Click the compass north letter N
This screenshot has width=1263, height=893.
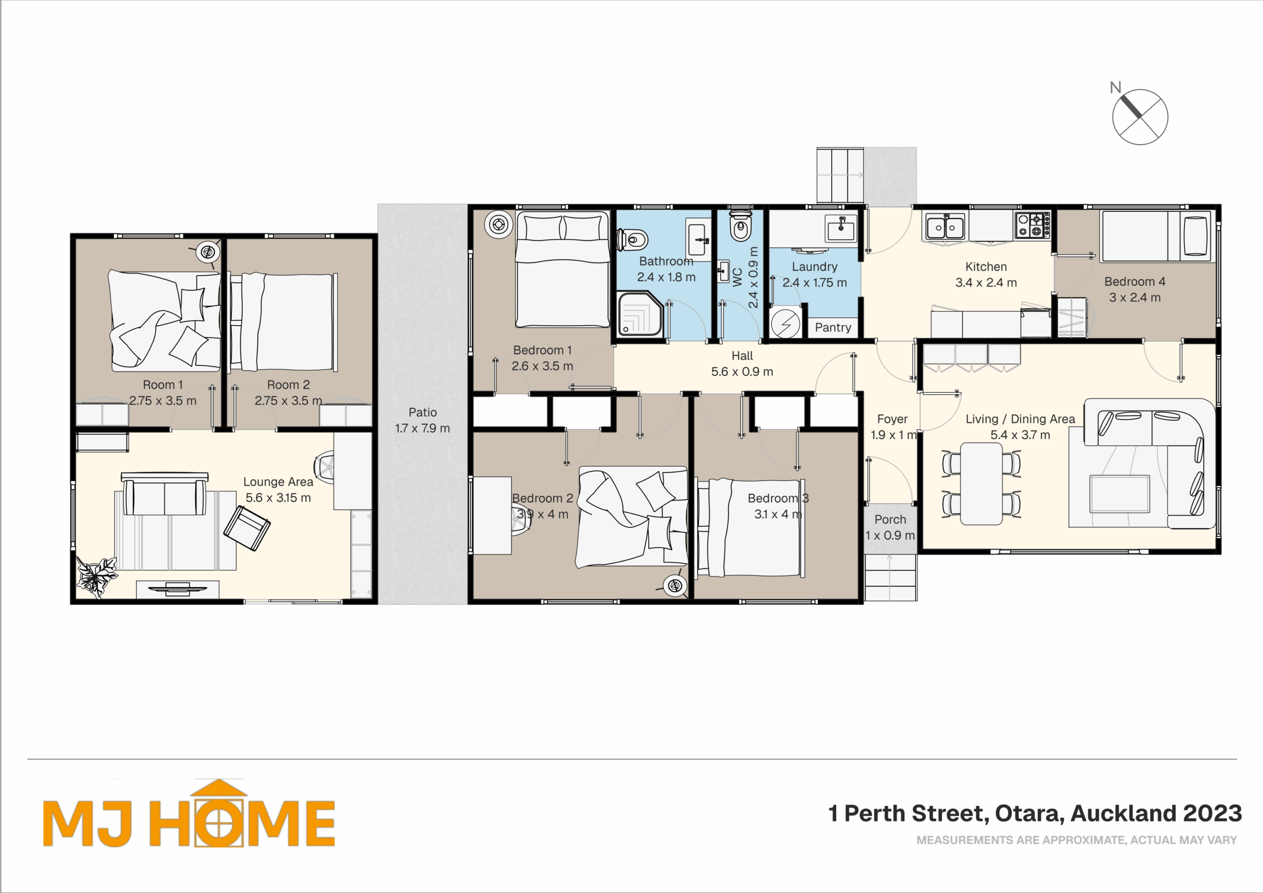pyautogui.click(x=1115, y=87)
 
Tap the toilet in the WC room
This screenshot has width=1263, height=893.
pyautogui.click(x=741, y=225)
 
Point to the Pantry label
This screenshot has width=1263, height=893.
pyautogui.click(x=833, y=328)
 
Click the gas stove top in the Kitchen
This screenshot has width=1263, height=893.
pyautogui.click(x=1033, y=224)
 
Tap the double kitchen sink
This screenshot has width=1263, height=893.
pyautogui.click(x=945, y=226)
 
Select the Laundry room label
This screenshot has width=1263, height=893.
pyautogui.click(x=815, y=267)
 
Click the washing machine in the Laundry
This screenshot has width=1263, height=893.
pyautogui.click(x=785, y=323)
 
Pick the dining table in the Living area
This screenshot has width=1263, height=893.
pyautogui.click(x=981, y=484)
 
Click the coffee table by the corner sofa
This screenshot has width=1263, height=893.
pyautogui.click(x=1119, y=493)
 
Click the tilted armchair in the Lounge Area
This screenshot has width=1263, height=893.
pyautogui.click(x=247, y=528)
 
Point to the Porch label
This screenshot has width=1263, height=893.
pyautogui.click(x=890, y=520)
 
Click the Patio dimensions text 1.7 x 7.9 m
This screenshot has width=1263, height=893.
pyautogui.click(x=422, y=428)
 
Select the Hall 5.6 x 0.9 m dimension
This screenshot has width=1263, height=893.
pyautogui.click(x=742, y=372)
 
